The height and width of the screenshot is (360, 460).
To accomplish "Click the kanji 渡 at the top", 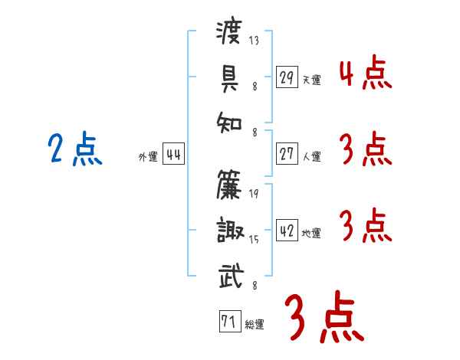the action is tap(229, 32).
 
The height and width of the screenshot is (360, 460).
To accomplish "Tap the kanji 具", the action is tap(230, 79).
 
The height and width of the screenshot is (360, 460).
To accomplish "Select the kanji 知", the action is tap(229, 123).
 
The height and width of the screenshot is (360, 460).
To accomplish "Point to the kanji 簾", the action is tap(229, 185).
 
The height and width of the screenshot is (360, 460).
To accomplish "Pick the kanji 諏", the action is tap(230, 230).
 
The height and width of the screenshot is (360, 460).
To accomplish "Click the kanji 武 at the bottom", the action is tap(232, 276).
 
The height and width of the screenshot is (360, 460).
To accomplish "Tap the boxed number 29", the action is tap(287, 77).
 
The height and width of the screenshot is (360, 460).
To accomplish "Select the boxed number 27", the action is tap(287, 154).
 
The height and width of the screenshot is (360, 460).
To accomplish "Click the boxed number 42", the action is tap(287, 230).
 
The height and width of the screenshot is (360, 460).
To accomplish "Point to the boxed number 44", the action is tap(173, 154).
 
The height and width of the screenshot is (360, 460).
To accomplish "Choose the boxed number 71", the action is tap(230, 321).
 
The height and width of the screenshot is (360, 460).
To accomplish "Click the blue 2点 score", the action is tap(75, 148).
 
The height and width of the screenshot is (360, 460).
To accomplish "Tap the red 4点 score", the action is tap(366, 72).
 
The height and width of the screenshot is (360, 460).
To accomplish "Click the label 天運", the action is tap(311, 80).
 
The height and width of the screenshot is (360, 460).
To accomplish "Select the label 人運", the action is tap(311, 156).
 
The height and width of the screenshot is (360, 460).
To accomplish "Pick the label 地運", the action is tap(311, 233).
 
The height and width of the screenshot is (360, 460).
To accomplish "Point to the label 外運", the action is tap(148, 156).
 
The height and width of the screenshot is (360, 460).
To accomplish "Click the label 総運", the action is tap(255, 324).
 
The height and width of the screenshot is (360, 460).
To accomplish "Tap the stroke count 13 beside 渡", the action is tap(254, 40).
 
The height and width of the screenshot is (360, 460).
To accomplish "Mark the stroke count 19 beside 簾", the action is tap(254, 193).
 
